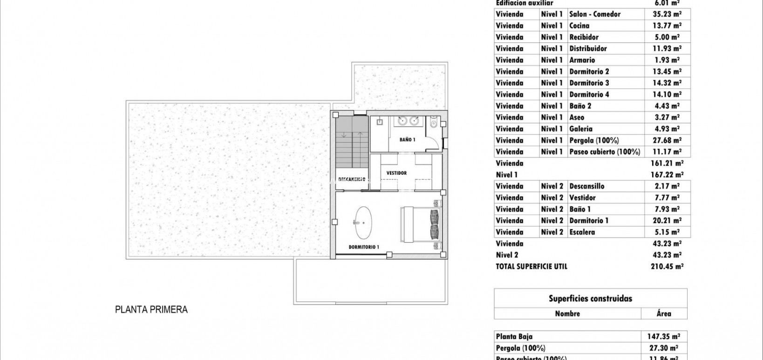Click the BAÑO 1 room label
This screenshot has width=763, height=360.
coord(407,140)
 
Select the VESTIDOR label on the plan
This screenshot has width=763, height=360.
coord(396,173)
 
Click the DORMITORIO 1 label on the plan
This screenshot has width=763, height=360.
coord(364,247)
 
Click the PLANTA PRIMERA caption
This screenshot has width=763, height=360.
coord(151,309)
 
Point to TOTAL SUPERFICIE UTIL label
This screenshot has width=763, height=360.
coord(531,266)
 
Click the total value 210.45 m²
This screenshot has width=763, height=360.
coord(667,266)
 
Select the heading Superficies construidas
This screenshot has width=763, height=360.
coord(590,299)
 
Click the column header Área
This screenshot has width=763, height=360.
coord(664,313)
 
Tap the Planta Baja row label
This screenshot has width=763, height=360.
coord(514,336)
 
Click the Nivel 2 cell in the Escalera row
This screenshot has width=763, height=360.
coord(552,232)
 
